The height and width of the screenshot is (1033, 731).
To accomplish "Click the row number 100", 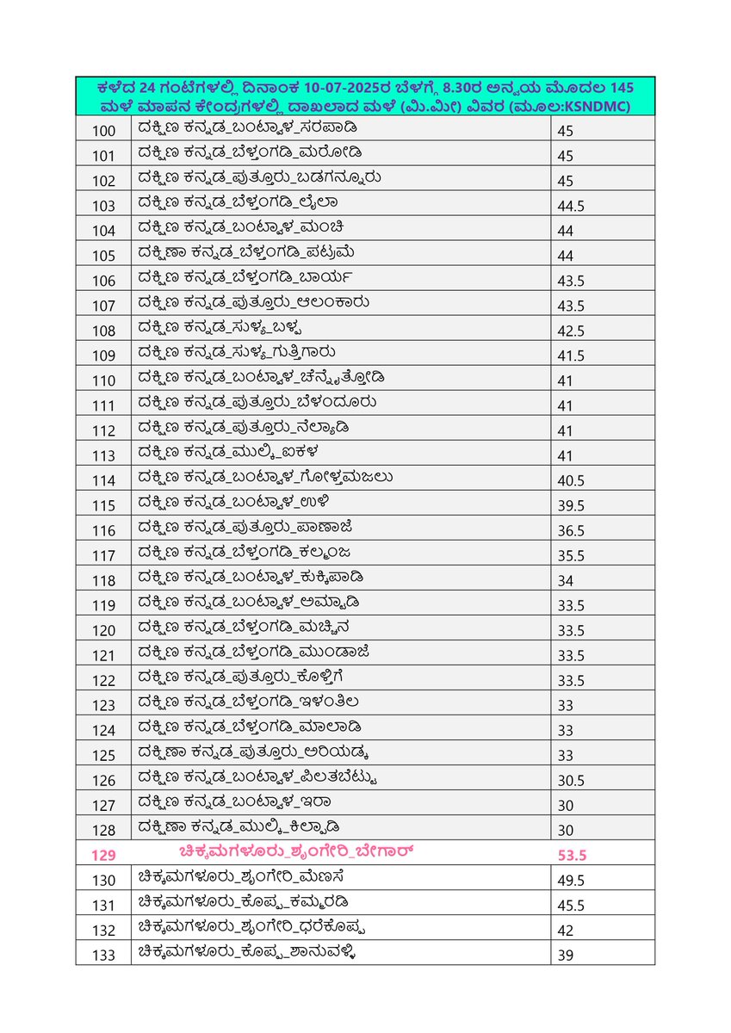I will click(x=103, y=130).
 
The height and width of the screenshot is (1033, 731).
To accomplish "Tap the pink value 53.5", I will click(x=573, y=855).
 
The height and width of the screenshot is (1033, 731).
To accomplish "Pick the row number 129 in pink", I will click(x=103, y=855).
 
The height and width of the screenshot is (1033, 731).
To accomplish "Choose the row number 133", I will click(x=103, y=954).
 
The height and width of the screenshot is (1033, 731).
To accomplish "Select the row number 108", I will click(x=103, y=331).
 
